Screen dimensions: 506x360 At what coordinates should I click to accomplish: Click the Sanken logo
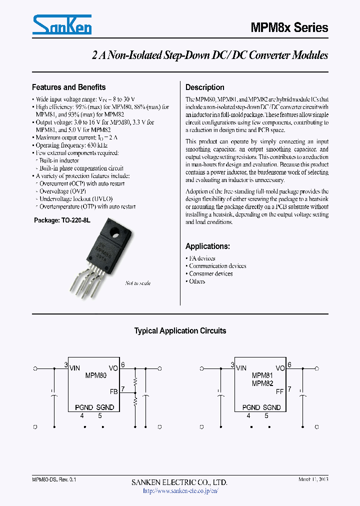(61, 25)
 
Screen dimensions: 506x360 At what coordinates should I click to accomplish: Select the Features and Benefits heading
(68, 87)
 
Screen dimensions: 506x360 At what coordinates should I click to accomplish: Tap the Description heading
(205, 87)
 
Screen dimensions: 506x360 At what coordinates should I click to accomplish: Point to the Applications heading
(207, 246)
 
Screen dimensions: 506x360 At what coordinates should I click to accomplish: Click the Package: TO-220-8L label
(62, 220)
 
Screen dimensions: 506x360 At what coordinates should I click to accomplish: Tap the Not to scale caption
(137, 283)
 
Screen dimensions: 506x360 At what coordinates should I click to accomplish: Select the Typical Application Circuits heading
(180, 330)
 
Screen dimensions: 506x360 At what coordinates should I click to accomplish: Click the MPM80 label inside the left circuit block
(95, 375)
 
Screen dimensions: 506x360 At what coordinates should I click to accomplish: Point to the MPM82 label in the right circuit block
(262, 383)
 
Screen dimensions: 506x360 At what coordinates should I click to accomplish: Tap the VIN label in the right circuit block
(241, 368)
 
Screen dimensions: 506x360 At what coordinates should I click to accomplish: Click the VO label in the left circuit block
(113, 368)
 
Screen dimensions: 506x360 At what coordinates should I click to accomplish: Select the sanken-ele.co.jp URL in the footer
(180, 490)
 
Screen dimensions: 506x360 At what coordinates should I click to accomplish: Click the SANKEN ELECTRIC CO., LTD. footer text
(179, 482)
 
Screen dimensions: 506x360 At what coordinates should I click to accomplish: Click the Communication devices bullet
(217, 266)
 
